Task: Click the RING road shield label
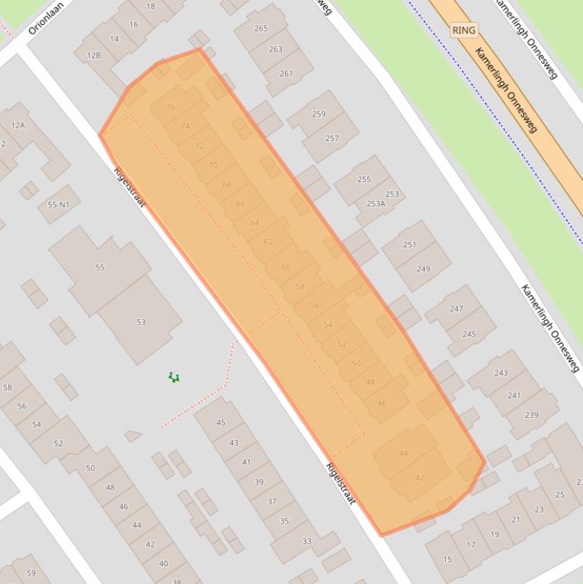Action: tap(463, 30)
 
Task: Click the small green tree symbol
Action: tap(174, 377)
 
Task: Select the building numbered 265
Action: tap(261, 29)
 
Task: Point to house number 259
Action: tap(318, 115)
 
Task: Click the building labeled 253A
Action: tap(375, 203)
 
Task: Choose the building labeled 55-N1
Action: tap(58, 205)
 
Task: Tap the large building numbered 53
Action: tap(141, 322)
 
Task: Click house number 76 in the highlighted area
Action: tap(171, 107)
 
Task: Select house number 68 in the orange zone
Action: tap(227, 184)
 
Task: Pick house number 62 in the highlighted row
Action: tap(268, 242)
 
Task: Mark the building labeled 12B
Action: tap(94, 55)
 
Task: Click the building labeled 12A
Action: tap(18, 125)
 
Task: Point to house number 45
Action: tap(221, 422)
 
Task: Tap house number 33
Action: tap(306, 541)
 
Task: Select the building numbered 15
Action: tap(447, 560)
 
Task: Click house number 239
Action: tap(532, 415)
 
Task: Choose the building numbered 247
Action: tap(456, 309)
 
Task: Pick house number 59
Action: tap(31, 573)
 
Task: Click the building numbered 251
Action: tap(409, 245)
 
